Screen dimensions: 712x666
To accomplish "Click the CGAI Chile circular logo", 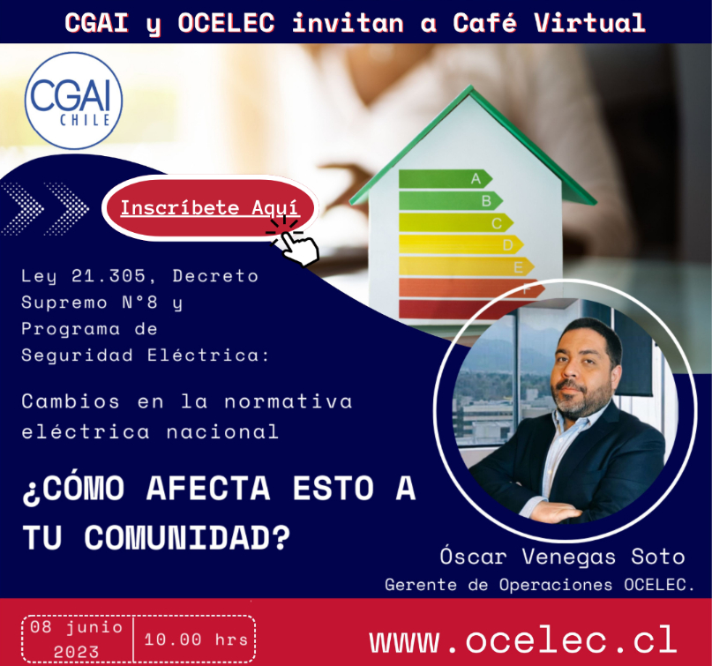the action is [73, 101].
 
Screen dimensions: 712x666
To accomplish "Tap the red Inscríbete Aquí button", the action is [210, 208].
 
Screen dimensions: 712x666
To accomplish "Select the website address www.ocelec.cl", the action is [523, 640].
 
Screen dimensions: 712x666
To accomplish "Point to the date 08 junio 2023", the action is [77, 640].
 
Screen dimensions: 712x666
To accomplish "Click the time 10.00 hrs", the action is [196, 640].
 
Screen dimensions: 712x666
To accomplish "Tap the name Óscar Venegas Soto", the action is [562, 556].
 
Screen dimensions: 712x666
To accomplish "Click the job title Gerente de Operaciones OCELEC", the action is [539, 585].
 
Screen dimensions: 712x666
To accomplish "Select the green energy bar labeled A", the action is [446, 178].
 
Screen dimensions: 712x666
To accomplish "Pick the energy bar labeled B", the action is [451, 200].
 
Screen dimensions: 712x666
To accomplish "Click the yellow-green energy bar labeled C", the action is [456, 222].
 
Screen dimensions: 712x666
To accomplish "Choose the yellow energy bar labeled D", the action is [461, 244].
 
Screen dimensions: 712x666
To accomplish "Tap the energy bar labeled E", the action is [467, 266].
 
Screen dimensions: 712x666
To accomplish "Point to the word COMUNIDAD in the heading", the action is [186, 537].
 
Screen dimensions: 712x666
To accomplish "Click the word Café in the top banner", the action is [484, 22].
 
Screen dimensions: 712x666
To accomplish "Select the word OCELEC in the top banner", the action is [226, 23].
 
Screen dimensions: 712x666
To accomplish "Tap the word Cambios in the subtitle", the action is [71, 401].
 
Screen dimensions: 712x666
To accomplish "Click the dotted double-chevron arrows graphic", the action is [45, 208].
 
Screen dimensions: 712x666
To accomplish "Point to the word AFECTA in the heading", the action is [208, 489].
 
